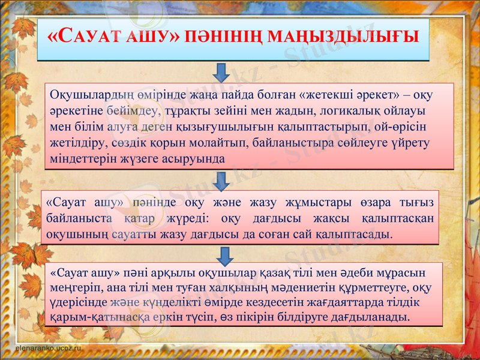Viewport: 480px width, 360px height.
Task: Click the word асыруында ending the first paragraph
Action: (x=197, y=159)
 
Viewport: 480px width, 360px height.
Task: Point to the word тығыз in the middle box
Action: (x=418, y=202)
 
